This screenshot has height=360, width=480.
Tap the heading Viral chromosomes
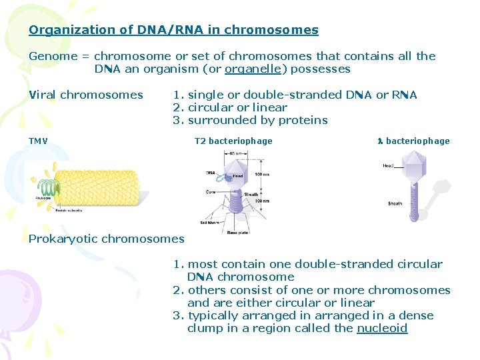pyautogui.click(x=86, y=95)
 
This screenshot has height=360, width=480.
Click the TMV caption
pyautogui.click(x=38, y=141)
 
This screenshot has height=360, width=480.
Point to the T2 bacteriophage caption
pyautogui.click(x=233, y=141)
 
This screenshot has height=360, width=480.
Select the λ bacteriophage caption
pyautogui.click(x=413, y=141)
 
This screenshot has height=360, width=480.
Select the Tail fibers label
pyautogui.click(x=210, y=222)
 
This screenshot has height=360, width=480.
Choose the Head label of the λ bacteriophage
pyautogui.click(x=388, y=165)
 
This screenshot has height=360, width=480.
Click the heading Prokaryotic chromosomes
pyautogui.click(x=106, y=239)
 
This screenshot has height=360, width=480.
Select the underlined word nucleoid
pyautogui.click(x=382, y=328)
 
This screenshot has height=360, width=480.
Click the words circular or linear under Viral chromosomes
pyautogui.click(x=237, y=107)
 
